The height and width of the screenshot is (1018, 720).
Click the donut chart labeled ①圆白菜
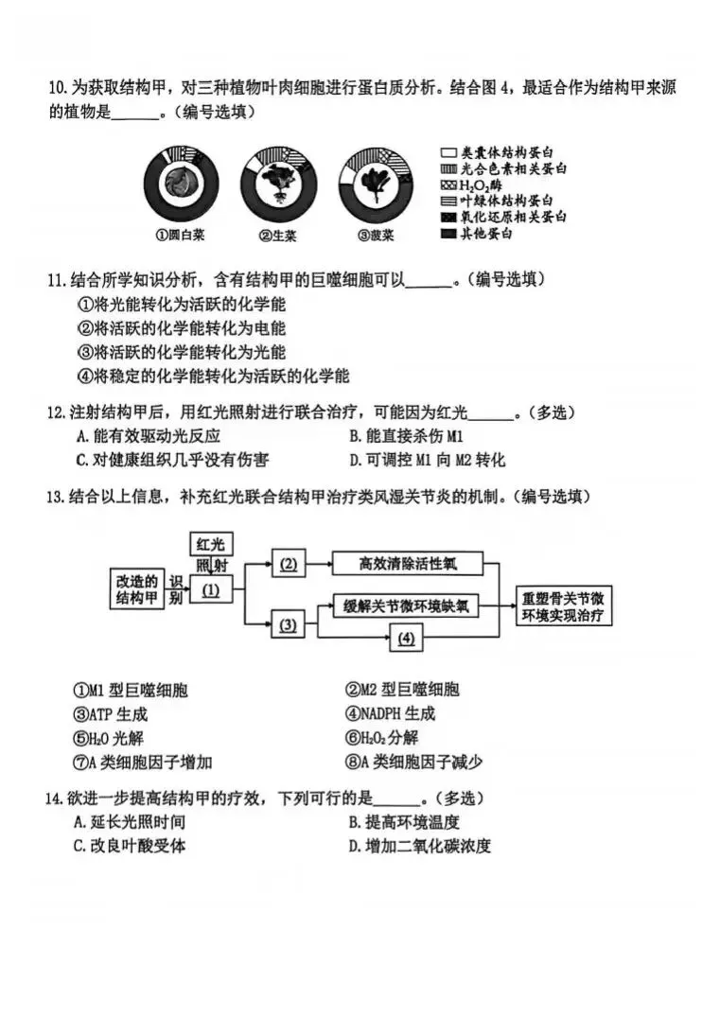(182, 184)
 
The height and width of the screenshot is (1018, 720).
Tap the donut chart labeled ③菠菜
(378, 184)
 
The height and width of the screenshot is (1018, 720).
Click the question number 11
(57, 281)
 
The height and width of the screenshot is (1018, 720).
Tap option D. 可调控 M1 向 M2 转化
(427, 461)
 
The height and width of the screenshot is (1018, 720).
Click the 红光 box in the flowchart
(212, 544)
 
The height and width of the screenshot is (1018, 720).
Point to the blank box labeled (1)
(211, 590)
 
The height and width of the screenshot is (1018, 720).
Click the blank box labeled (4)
(405, 639)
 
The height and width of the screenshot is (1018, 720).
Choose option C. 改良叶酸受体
(130, 847)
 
